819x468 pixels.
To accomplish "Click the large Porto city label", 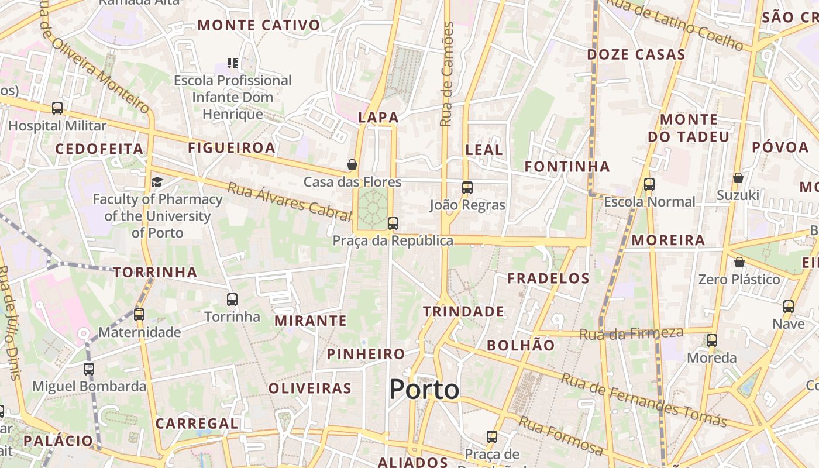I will click(424, 390).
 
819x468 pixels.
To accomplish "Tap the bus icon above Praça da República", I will click(393, 223).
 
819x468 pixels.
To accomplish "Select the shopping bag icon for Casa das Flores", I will click(352, 164).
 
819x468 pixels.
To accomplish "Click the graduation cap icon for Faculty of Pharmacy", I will click(157, 182).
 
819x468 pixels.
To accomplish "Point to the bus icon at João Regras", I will click(467, 188).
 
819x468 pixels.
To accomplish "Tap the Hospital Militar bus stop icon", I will click(57, 108).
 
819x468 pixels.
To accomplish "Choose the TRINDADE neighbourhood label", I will click(463, 311).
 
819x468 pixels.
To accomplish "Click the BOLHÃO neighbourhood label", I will click(521, 345).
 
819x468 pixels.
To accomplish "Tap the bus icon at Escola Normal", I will click(649, 184).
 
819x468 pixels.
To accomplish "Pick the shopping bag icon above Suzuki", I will click(738, 177).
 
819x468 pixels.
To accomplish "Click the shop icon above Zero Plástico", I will click(739, 262).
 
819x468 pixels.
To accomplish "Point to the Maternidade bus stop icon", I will click(139, 315).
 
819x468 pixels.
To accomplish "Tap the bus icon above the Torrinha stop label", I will click(232, 300).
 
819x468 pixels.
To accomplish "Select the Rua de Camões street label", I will click(448, 74).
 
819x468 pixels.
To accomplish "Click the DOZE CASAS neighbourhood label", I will click(636, 55).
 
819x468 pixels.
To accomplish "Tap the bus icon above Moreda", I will click(712, 340).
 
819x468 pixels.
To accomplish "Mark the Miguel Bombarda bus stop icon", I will click(89, 369).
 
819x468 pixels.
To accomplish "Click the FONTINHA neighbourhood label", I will click(567, 167).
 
